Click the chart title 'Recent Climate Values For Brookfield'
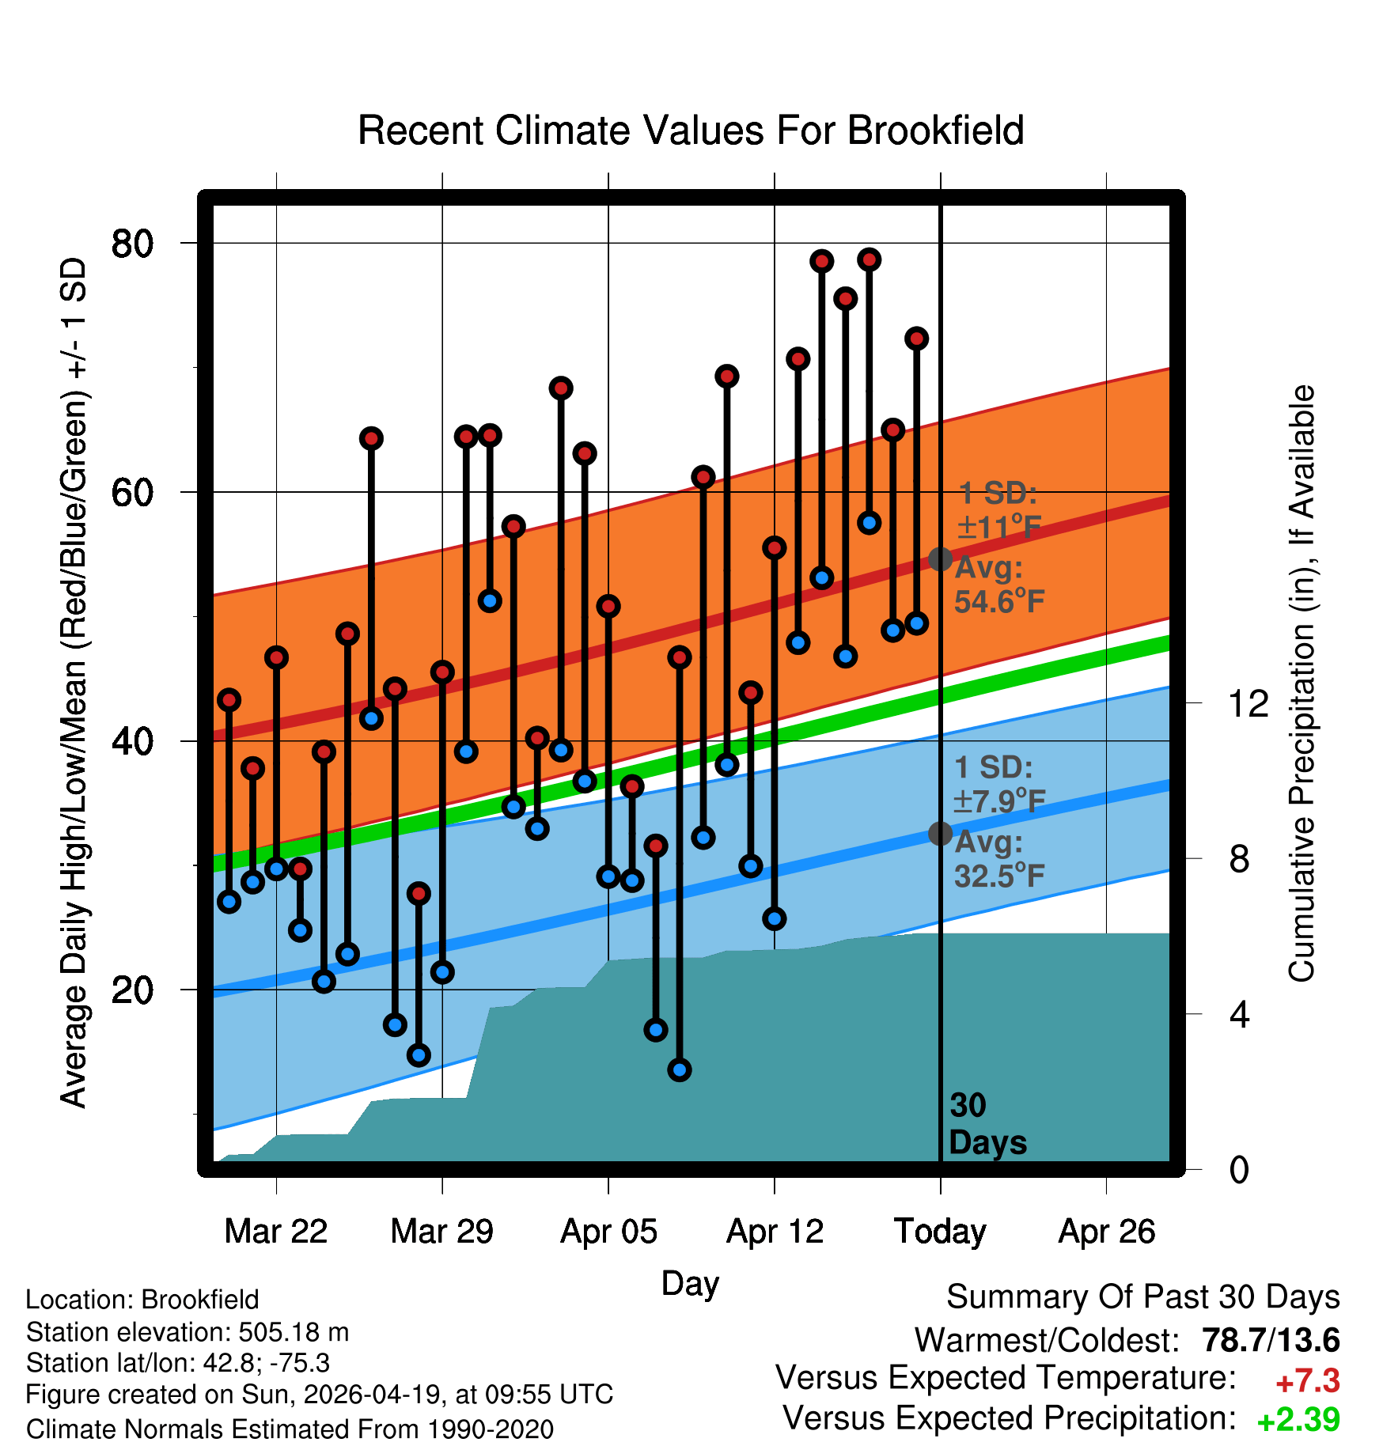[x=691, y=131]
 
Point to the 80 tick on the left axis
[x=132, y=244]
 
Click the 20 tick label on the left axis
[x=132, y=990]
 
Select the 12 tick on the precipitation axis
[x=1248, y=703]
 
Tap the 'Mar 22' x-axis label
[x=275, y=1232]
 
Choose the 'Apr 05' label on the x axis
[x=608, y=1232]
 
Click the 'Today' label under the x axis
[x=940, y=1232]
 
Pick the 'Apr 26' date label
[x=1107, y=1232]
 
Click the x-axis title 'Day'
[x=690, y=1283]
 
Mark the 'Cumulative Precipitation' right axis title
[x=1302, y=684]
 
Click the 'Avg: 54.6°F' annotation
[x=998, y=585]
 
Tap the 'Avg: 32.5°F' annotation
[x=998, y=859]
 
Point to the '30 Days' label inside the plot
[x=987, y=1124]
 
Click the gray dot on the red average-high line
[x=940, y=559]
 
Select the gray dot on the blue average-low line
[x=940, y=833]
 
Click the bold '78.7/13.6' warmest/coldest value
[x=1271, y=1340]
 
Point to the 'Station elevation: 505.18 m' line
[x=188, y=1332]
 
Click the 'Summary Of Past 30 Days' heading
[x=1142, y=1297]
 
